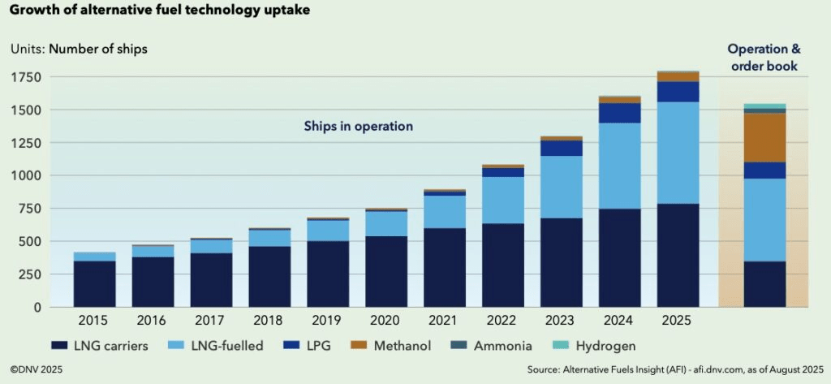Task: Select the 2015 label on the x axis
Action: coord(94,320)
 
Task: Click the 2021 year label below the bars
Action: coord(445,320)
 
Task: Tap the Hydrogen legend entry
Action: coord(601,346)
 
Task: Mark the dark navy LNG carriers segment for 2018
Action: coord(269,276)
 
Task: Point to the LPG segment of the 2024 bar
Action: coord(620,113)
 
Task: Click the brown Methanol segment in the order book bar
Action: coord(764,137)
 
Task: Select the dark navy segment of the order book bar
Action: coord(764,283)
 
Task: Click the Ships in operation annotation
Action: coord(359,126)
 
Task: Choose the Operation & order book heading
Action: coord(764,58)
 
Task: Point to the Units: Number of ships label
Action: coord(79,48)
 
